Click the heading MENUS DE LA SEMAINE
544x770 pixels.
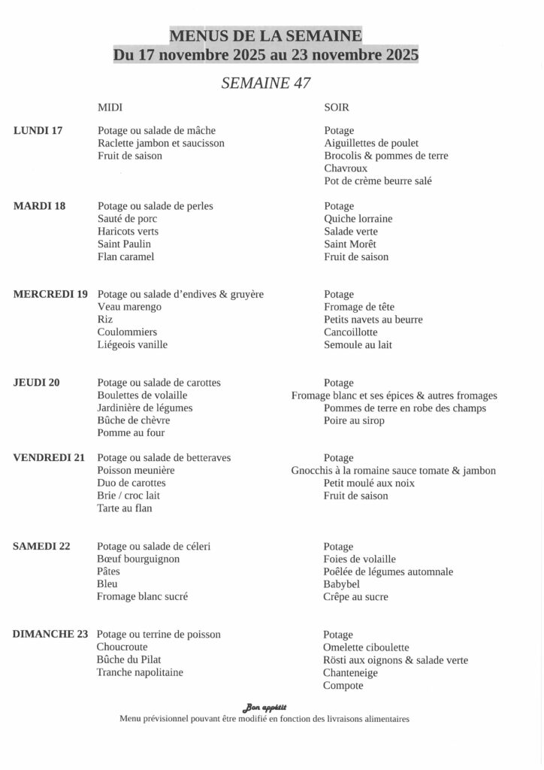point(266,35)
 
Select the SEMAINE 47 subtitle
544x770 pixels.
point(266,83)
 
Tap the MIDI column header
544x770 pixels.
point(110,108)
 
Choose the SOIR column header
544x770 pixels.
point(337,108)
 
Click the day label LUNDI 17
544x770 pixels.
point(38,131)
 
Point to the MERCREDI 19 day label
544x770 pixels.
point(50,294)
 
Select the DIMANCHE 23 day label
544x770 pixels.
point(50,634)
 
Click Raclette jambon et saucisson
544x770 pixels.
point(161,143)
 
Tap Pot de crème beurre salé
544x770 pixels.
point(378,181)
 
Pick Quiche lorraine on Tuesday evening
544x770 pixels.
point(358,219)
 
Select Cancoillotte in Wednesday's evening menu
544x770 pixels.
point(351,332)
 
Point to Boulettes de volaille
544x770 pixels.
point(142,395)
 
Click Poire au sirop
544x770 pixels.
point(354,420)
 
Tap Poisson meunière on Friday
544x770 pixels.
point(135,470)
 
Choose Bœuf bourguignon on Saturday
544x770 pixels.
point(138,559)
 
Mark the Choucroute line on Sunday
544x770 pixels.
point(122,647)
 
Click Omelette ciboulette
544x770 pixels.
point(366,647)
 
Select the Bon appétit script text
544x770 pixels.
point(264,707)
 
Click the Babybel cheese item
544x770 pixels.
point(342,584)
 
